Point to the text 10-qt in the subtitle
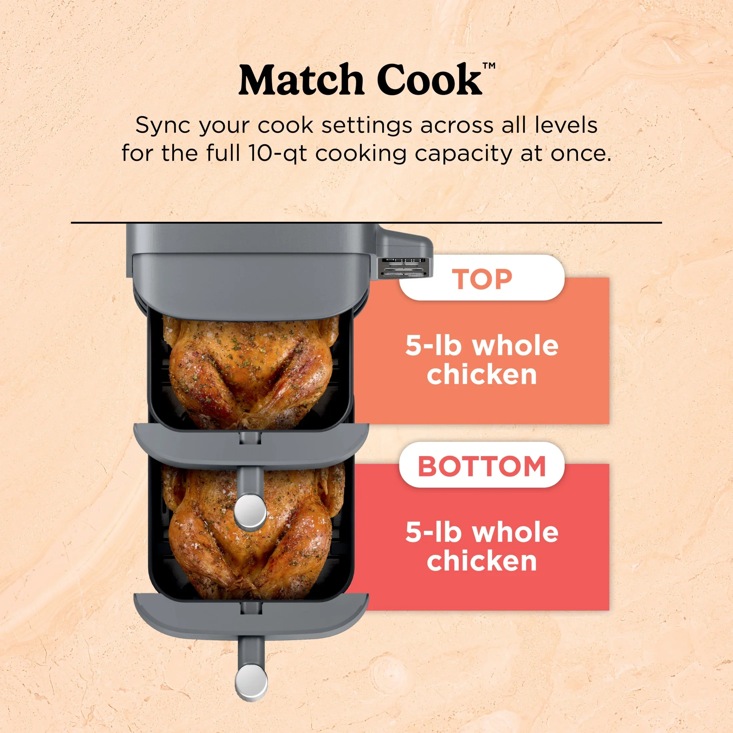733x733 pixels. click(x=277, y=153)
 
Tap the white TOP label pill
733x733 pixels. click(x=482, y=278)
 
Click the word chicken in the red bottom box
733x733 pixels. click(x=482, y=560)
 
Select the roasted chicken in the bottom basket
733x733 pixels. click(x=251, y=531)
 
